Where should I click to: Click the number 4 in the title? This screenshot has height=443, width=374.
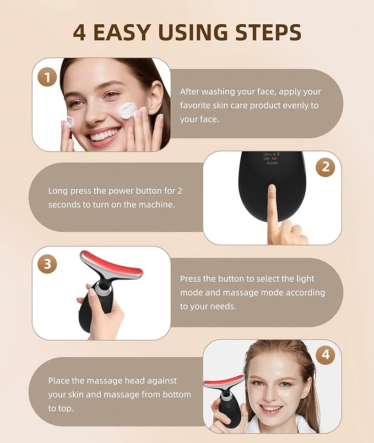[x=79, y=32]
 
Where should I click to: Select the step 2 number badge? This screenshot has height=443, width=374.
[x=325, y=167]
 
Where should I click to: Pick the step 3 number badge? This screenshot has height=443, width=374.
[x=47, y=264]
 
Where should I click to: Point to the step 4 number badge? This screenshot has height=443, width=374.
[x=326, y=355]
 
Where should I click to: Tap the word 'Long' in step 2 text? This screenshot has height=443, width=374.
[x=58, y=191]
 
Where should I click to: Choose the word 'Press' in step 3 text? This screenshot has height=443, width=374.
[x=191, y=279]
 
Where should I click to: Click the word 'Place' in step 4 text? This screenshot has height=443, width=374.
[x=59, y=380]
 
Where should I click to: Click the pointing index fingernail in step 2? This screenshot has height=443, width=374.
[x=270, y=190]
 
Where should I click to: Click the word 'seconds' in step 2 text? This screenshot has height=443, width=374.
[x=63, y=204]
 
